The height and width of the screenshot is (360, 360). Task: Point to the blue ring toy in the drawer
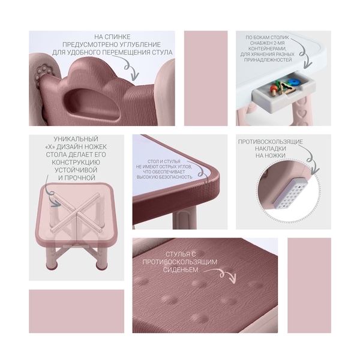[x=292, y=82]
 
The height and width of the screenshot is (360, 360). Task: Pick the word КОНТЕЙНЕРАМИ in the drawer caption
[x=267, y=49]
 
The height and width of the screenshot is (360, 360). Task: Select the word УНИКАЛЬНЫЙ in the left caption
[x=76, y=139]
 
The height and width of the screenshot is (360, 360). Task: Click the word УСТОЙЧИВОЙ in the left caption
[x=76, y=170]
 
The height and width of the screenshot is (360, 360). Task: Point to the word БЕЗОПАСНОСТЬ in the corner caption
[x=176, y=177]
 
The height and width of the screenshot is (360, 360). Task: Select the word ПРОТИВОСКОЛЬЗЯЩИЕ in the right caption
[x=271, y=142]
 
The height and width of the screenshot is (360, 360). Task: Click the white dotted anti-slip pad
[x=290, y=193]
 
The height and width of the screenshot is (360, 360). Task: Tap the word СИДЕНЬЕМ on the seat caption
[x=181, y=270]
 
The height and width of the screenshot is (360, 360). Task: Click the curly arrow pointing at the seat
[x=221, y=275]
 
